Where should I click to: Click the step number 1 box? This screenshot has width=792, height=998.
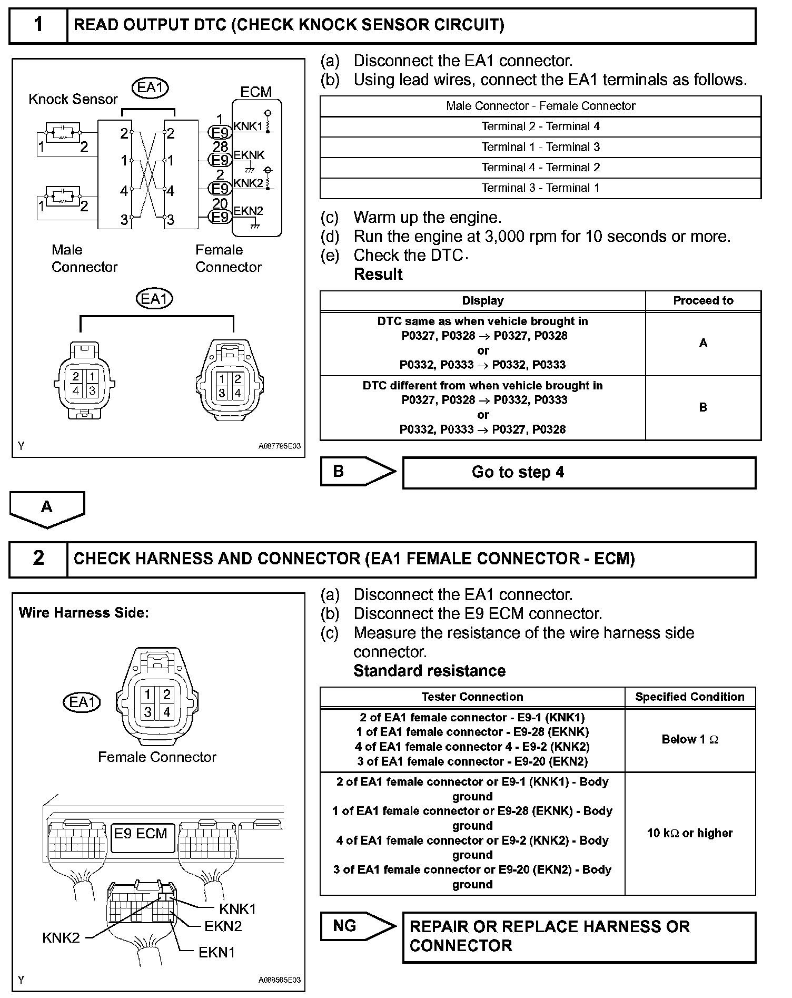pyautogui.click(x=38, y=25)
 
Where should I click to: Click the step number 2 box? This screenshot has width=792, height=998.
pyautogui.click(x=38, y=559)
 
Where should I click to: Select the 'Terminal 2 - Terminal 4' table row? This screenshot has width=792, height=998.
pyautogui.click(x=540, y=126)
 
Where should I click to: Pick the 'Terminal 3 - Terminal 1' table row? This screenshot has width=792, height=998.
pyautogui.click(x=540, y=188)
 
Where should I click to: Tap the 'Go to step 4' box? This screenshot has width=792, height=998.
pyautogui.click(x=579, y=472)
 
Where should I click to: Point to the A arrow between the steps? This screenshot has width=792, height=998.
pyautogui.click(x=47, y=508)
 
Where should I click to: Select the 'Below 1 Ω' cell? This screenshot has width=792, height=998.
pyautogui.click(x=690, y=740)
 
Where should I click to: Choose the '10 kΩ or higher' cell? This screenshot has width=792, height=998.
pyautogui.click(x=690, y=833)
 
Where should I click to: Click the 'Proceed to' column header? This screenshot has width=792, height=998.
pyautogui.click(x=703, y=301)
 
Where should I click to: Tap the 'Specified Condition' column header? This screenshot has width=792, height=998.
pyautogui.click(x=690, y=697)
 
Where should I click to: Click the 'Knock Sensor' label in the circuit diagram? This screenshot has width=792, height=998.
pyautogui.click(x=73, y=99)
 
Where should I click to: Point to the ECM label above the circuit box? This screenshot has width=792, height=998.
pyautogui.click(x=256, y=92)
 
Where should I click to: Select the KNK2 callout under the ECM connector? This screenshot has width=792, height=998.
pyautogui.click(x=61, y=938)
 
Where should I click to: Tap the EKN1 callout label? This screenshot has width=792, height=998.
pyautogui.click(x=216, y=953)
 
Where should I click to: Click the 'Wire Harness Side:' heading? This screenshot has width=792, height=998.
pyautogui.click(x=84, y=613)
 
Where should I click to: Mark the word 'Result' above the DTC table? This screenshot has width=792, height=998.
pyautogui.click(x=378, y=275)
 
